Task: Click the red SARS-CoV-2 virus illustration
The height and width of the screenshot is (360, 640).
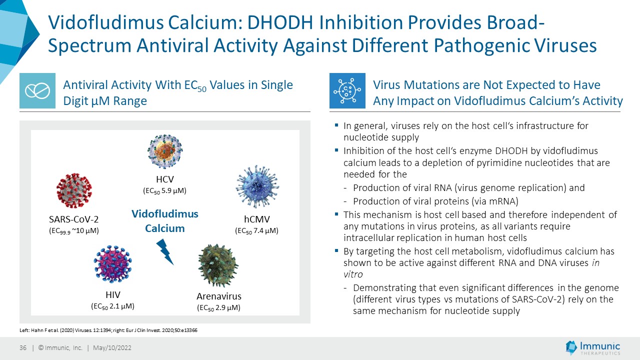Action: point(74,190)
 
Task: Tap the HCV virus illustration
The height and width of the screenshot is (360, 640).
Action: point(165,151)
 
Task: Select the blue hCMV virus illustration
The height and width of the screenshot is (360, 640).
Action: point(257,186)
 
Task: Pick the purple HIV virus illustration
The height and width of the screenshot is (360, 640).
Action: point(113,263)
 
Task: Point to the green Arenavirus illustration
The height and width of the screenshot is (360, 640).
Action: point(218,265)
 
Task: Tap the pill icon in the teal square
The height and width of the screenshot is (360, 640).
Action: point(37,90)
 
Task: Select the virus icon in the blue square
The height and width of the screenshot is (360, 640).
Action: point(347,90)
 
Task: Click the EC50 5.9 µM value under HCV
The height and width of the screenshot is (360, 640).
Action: point(164,191)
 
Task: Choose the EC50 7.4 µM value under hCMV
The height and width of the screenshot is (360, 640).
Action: point(256,231)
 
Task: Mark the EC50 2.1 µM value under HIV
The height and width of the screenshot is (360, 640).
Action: point(112,306)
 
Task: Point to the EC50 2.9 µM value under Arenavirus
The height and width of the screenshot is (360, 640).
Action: point(218,307)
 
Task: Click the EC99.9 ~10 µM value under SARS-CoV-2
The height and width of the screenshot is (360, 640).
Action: point(73,231)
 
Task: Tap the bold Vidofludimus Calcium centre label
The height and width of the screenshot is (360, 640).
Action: point(165,221)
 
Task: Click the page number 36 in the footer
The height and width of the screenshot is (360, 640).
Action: point(23,347)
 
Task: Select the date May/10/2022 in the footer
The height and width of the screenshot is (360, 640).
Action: point(112,347)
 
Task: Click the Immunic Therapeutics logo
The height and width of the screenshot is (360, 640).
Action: point(592,347)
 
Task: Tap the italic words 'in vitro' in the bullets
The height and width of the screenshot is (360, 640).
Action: point(471,268)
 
